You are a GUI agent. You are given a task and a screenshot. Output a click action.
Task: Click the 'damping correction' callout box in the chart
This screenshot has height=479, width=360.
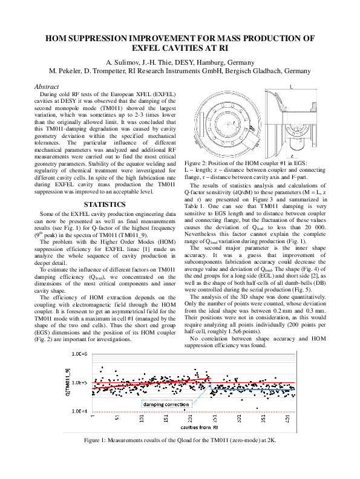(145, 403)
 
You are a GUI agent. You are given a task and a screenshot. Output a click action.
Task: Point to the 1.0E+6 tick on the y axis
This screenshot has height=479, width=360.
(80, 353)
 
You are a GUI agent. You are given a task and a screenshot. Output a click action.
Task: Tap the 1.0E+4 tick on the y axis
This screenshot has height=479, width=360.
(80, 411)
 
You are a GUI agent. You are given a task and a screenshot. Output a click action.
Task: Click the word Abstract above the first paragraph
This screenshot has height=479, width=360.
(48, 87)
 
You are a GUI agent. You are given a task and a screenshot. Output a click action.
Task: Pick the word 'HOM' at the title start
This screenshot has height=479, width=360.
(59, 38)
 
